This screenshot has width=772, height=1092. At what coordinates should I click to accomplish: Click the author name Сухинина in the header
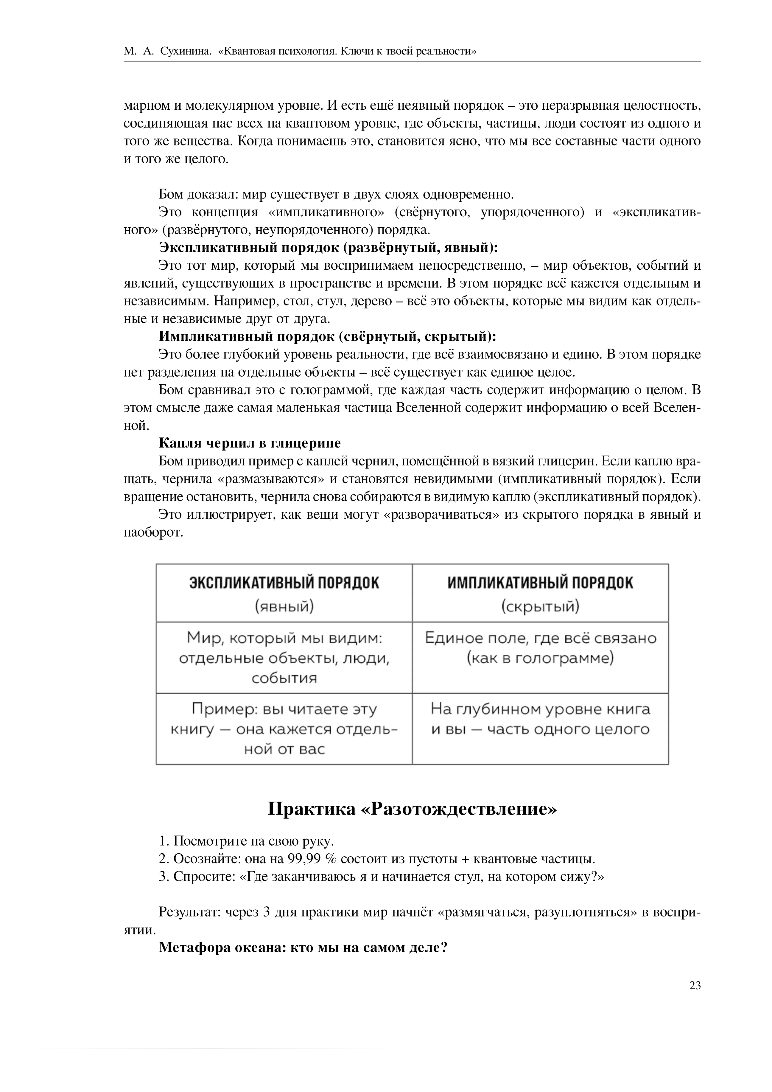click(185, 51)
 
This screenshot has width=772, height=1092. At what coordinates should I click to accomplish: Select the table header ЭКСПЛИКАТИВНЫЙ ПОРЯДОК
click(284, 583)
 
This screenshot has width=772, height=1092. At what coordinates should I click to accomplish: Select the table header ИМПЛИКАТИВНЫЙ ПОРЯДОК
click(541, 583)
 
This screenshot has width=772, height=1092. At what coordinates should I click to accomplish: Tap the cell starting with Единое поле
click(541, 648)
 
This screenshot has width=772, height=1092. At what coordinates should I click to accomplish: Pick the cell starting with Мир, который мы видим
click(284, 658)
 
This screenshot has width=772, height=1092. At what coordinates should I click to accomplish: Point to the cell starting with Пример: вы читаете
click(284, 728)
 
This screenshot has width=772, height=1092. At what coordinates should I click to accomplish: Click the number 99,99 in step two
click(304, 859)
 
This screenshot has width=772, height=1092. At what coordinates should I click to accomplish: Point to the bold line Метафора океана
click(303, 948)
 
